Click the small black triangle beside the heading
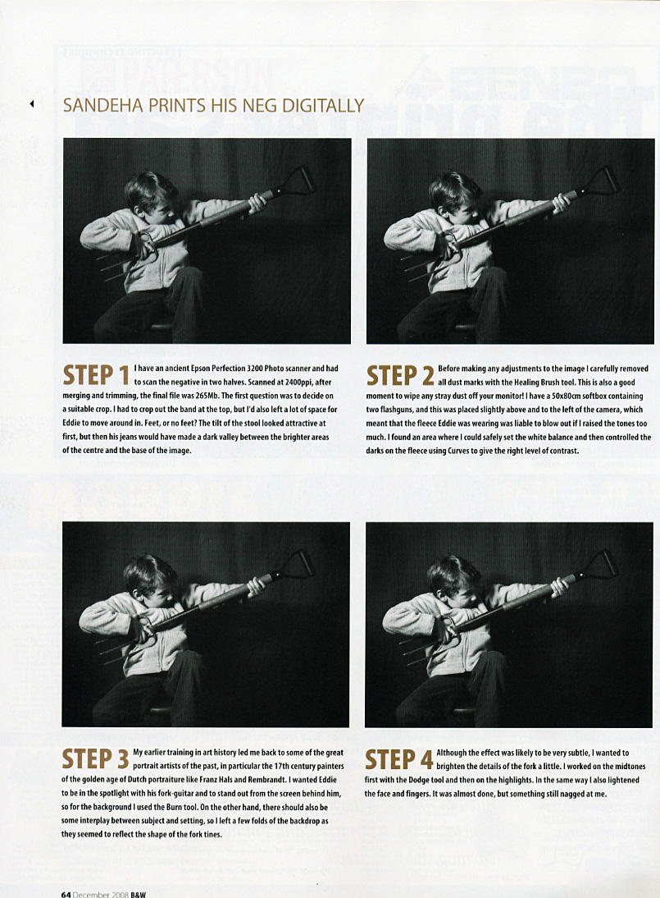32,103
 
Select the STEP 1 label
96,376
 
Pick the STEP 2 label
400,376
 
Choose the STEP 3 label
95,759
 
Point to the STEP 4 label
398,759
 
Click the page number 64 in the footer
66,894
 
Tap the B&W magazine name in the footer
138,894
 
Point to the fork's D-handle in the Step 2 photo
605,181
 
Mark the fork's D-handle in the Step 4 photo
604,564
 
